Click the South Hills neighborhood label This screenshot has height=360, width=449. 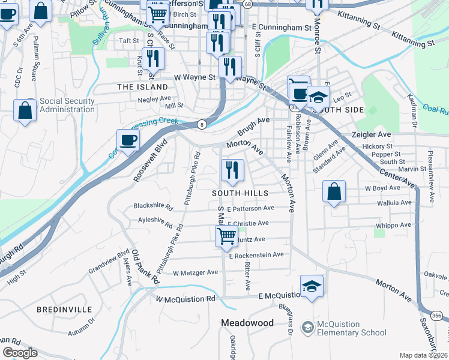pyautogui.click(x=240, y=193)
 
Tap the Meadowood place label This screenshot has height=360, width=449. pyautogui.click(x=247, y=323)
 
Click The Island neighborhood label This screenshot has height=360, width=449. pyautogui.click(x=142, y=87)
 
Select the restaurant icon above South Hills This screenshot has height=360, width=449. pyautogui.click(x=232, y=170)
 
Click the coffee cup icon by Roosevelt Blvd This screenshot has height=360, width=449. pyautogui.click(x=128, y=141)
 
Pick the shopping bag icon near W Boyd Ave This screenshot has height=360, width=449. pyautogui.click(x=334, y=191)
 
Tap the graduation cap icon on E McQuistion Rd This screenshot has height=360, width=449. pyautogui.click(x=312, y=286)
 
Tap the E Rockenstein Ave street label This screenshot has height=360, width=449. pyautogui.click(x=256, y=255)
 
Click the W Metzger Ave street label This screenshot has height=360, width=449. pyautogui.click(x=195, y=272)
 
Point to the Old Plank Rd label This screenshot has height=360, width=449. pyautogui.click(x=146, y=267)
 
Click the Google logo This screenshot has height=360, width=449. pyautogui.click(x=20, y=353)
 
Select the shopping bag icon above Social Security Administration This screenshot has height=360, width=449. pyautogui.click(x=25, y=110)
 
